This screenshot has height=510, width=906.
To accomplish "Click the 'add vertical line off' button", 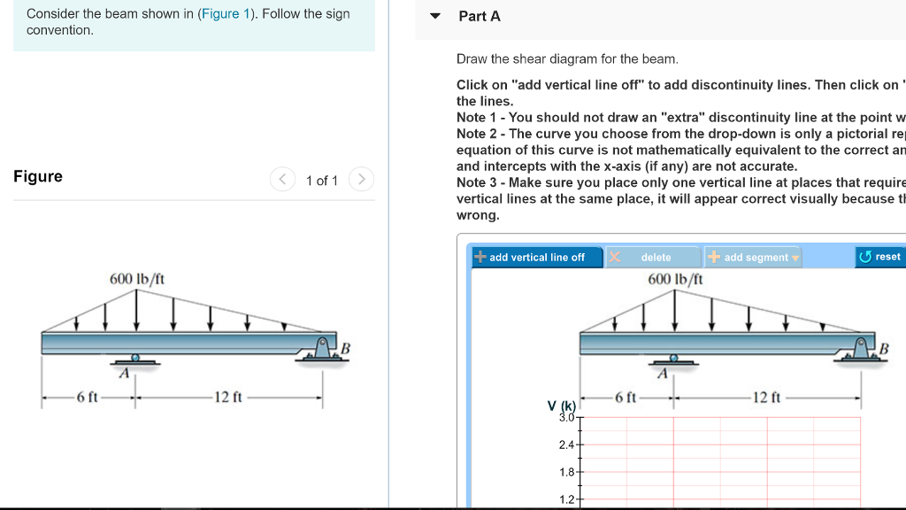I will [530, 257].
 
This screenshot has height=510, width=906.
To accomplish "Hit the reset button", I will [879, 257].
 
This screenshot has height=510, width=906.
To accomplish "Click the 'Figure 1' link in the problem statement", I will [229, 14].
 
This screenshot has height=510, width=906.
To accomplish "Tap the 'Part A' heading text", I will [480, 16].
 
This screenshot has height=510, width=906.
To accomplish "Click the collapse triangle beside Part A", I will [434, 16].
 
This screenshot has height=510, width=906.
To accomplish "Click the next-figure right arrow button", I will [361, 180].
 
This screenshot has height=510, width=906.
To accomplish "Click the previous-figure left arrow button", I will [281, 180].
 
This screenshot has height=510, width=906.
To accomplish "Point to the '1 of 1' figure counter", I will [321, 181].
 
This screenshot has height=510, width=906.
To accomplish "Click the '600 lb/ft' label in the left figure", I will [136, 278].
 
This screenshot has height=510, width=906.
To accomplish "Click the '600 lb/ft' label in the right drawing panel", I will [675, 278].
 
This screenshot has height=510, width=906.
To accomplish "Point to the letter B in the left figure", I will [346, 349].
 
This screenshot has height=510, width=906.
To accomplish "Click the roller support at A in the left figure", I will [134, 359].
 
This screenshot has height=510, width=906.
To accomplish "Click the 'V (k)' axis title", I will [561, 406].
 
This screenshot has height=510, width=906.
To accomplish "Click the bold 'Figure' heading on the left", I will [38, 176].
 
